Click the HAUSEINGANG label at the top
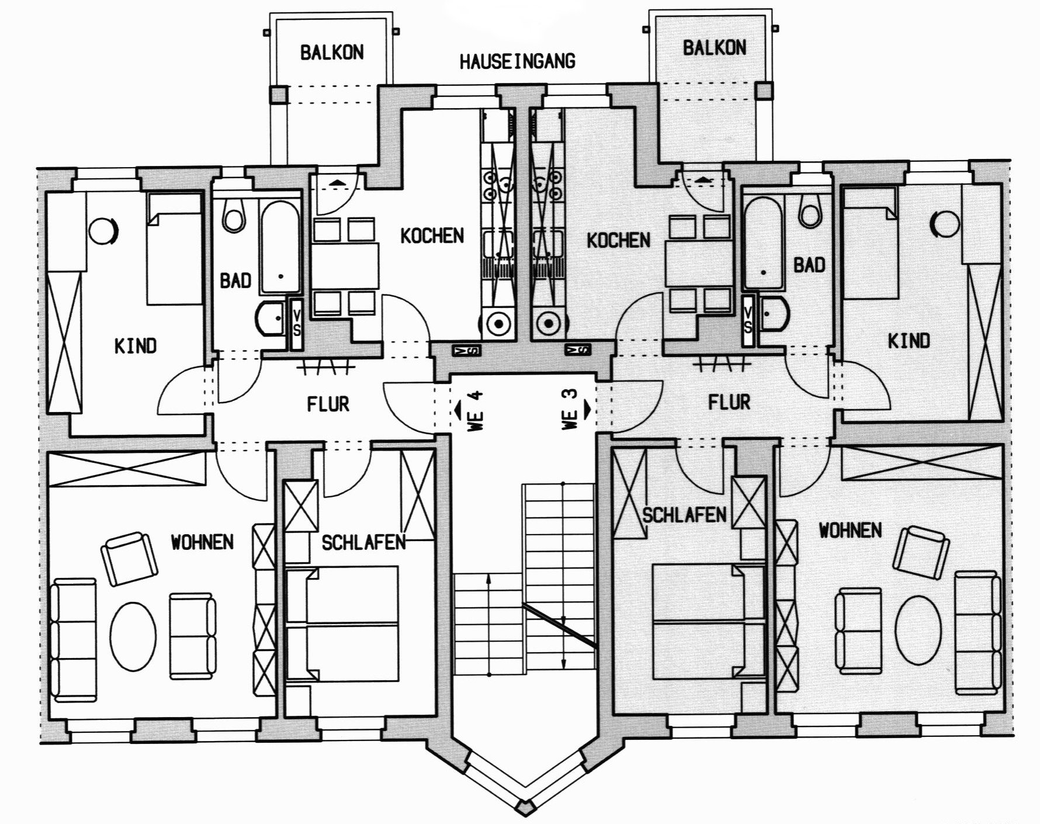coord(517,61)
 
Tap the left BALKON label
coord(332,53)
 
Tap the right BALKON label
coord(714,47)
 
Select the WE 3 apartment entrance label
coord(571,410)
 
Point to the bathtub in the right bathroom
coord(764,244)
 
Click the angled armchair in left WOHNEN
coord(130,558)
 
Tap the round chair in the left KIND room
coord(104,229)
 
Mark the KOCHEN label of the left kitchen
coord(432,236)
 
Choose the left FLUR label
coord(328,404)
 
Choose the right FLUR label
coord(729,402)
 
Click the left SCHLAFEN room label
coord(363,542)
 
